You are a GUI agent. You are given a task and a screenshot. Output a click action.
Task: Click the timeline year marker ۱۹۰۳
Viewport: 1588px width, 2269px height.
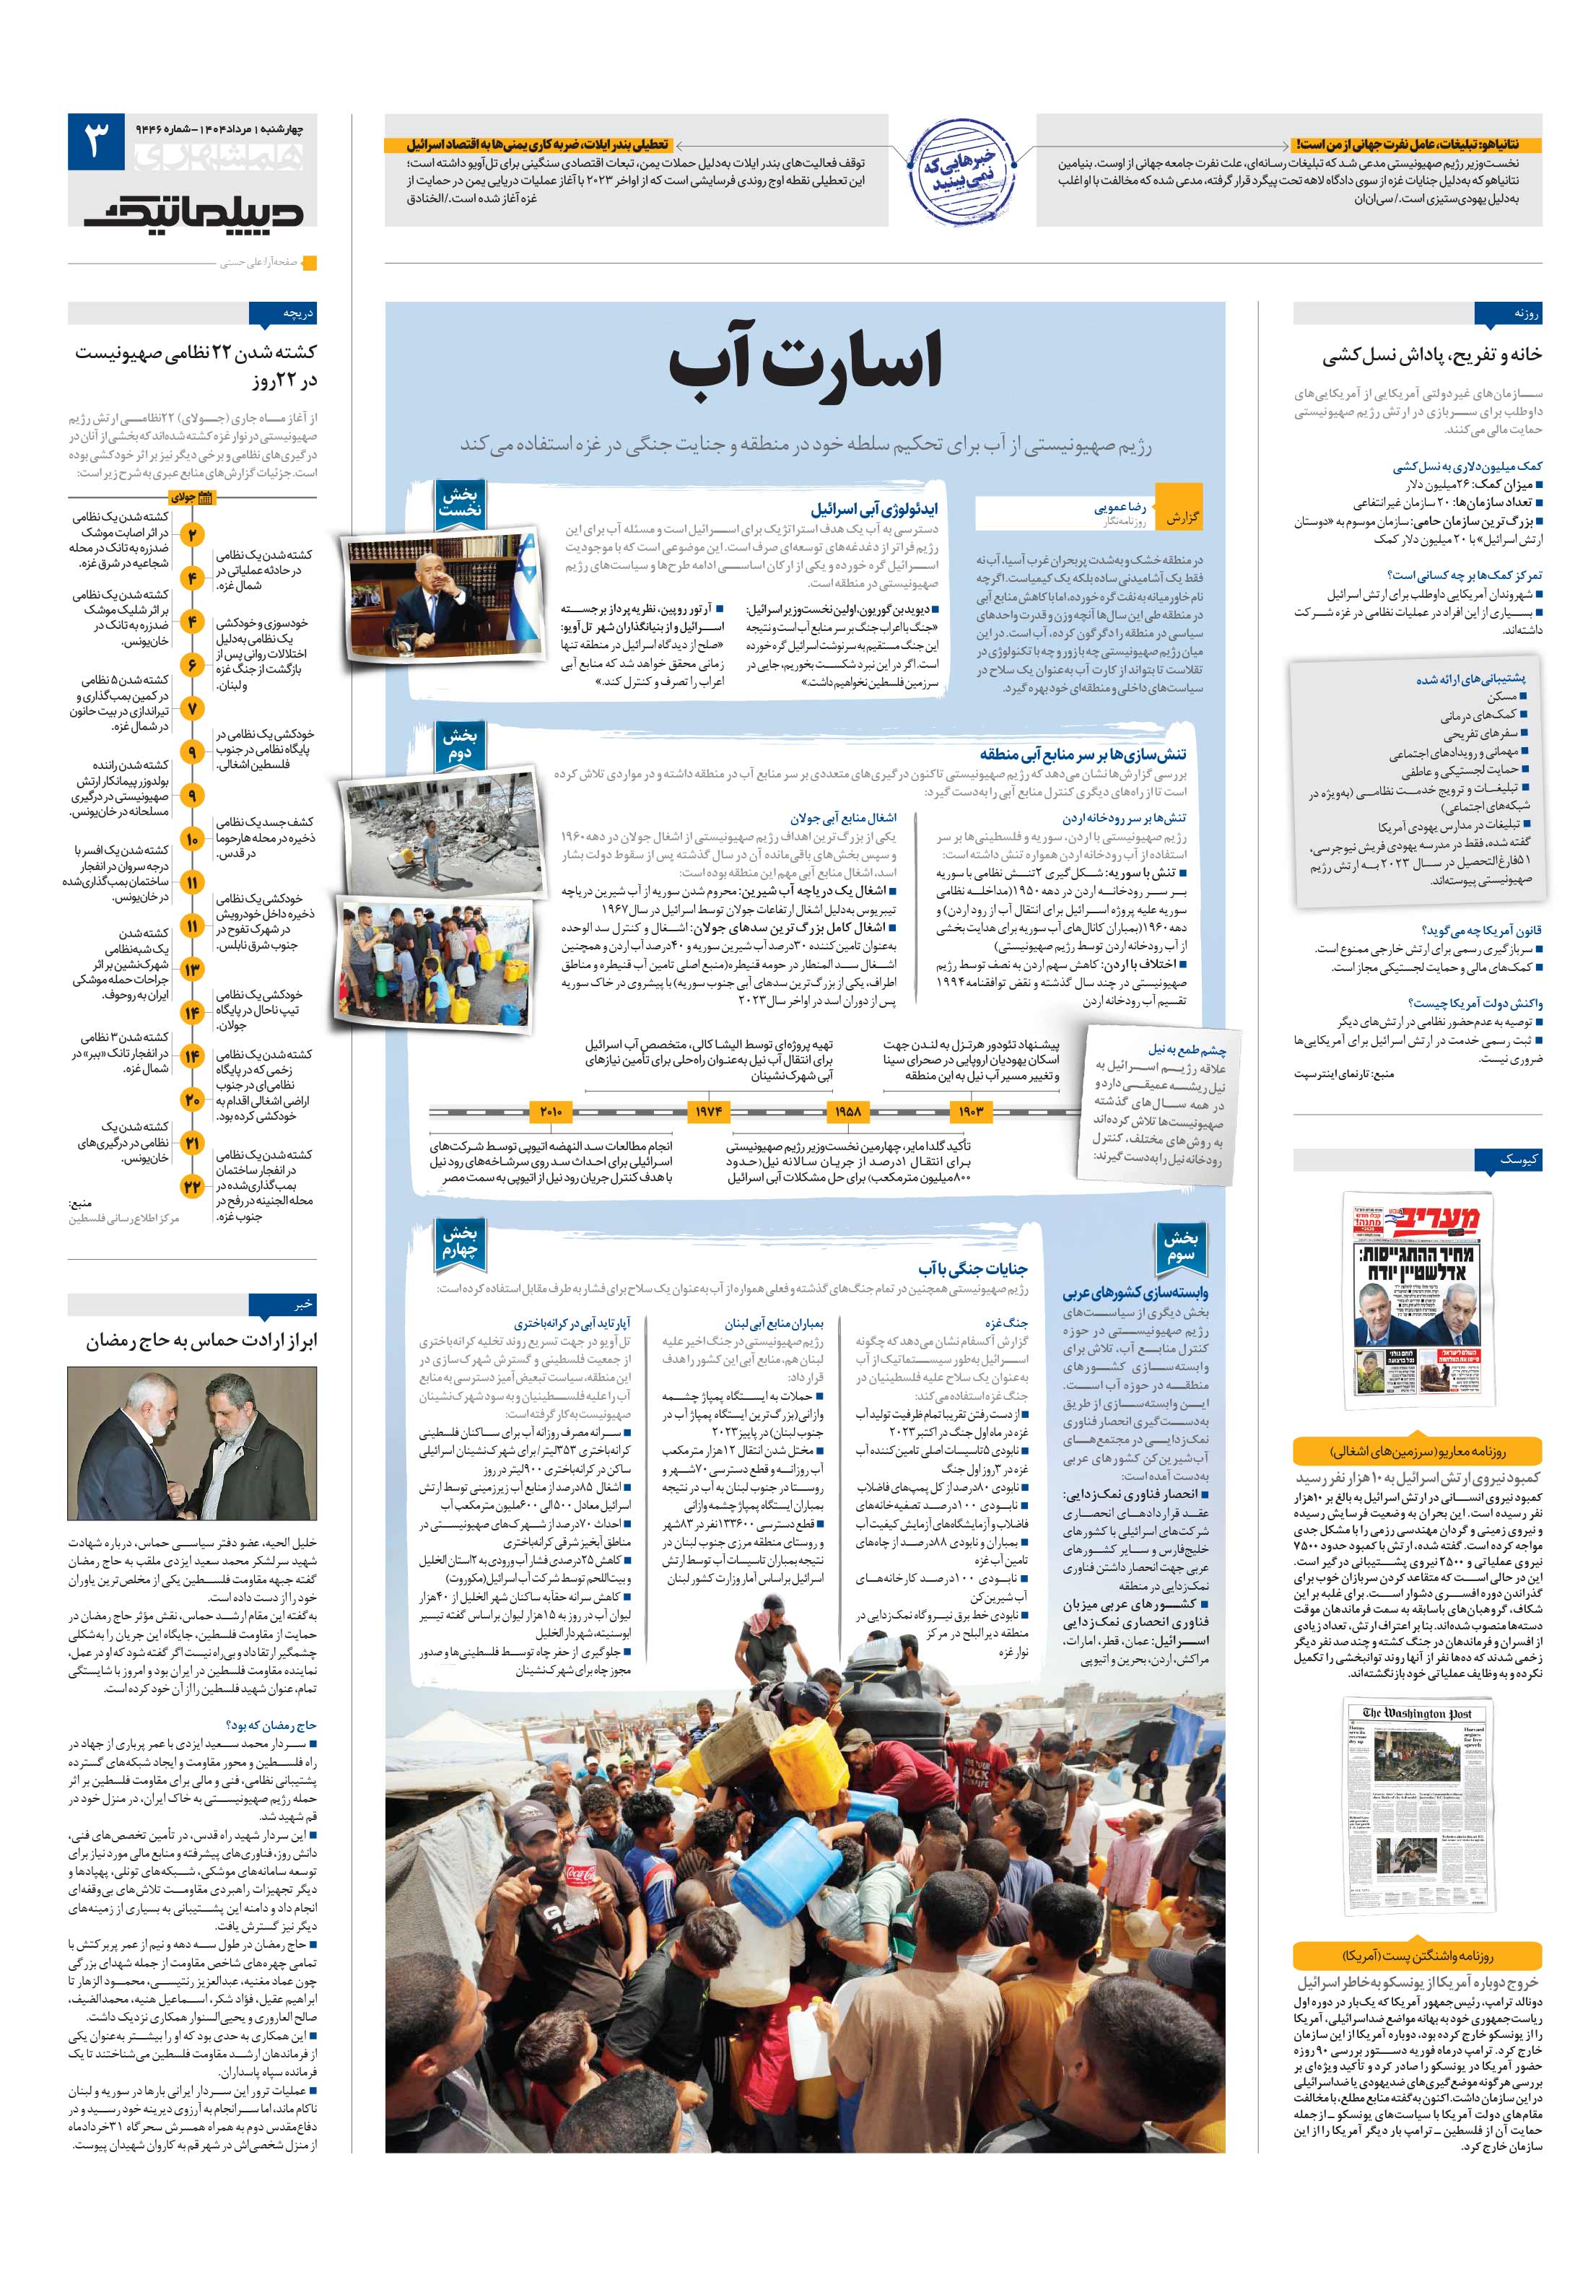(x=970, y=1112)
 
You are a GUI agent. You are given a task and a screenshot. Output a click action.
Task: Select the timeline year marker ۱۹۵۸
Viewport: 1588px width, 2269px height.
(x=847, y=1112)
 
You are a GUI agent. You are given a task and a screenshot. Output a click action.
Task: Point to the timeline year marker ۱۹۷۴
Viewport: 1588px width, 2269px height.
(x=707, y=1112)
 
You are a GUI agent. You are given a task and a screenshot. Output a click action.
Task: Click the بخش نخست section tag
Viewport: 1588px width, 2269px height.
(x=460, y=502)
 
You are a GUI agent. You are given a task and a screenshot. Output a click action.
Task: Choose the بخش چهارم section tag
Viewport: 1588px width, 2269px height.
(x=460, y=1241)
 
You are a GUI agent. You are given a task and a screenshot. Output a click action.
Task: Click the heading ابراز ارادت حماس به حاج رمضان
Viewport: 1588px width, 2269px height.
(x=201, y=1341)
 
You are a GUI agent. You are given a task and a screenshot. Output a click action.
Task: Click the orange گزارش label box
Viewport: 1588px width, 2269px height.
(x=1182, y=518)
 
